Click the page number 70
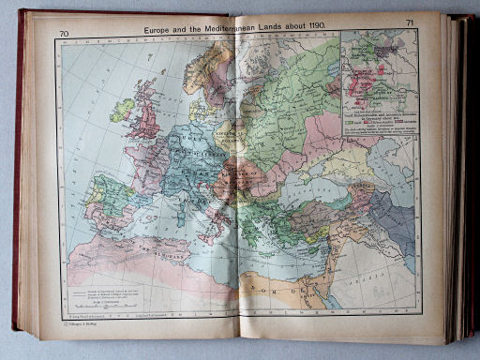click(64, 35)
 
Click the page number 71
click(410, 22)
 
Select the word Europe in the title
click(161, 29)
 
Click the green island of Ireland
click(122, 110)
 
